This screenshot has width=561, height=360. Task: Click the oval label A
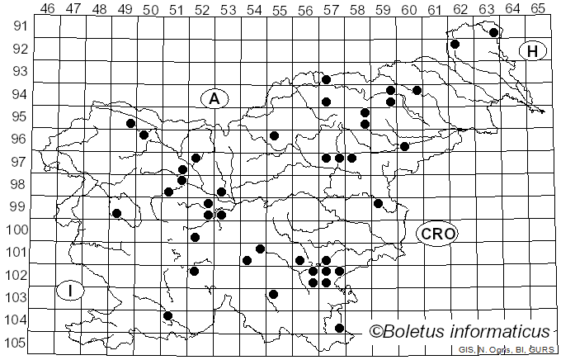(214, 99)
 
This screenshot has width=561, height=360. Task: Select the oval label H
(533, 51)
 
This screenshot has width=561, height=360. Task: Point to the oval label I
(72, 291)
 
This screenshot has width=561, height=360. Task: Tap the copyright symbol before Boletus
(375, 332)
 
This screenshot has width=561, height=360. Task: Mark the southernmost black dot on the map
(339, 328)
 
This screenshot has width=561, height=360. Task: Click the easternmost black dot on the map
(493, 33)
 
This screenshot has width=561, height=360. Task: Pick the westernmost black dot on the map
(117, 214)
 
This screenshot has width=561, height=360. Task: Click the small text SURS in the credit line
(543, 350)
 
